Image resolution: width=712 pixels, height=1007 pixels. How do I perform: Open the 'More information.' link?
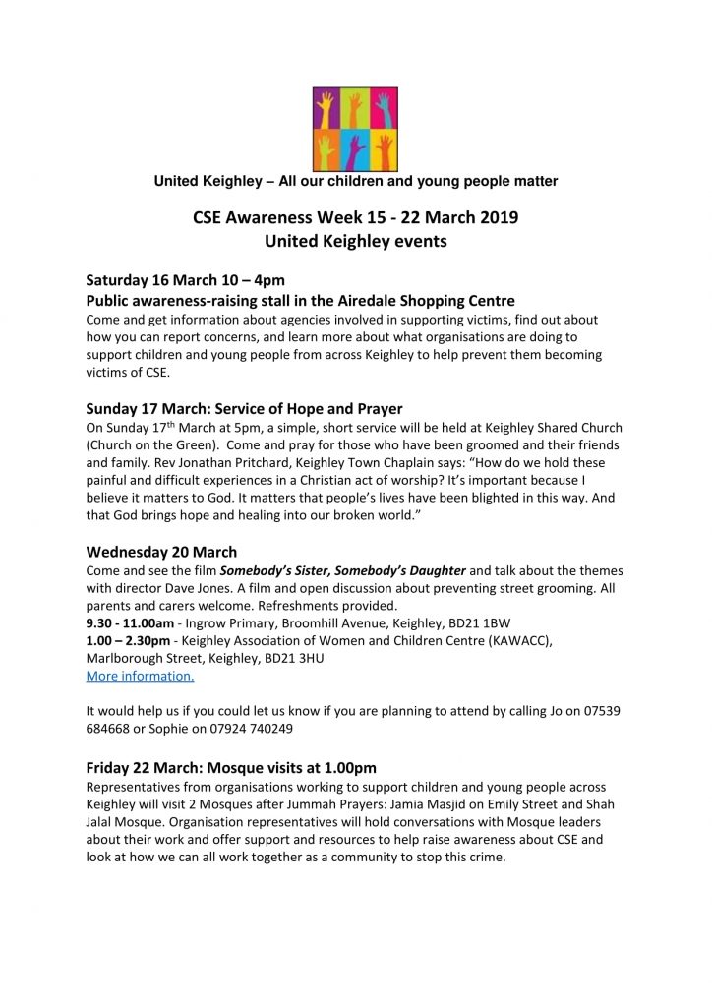(140, 676)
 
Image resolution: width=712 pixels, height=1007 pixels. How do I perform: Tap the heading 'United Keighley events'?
(355, 241)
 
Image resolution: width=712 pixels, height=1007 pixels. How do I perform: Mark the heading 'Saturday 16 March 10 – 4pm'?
(186, 280)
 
